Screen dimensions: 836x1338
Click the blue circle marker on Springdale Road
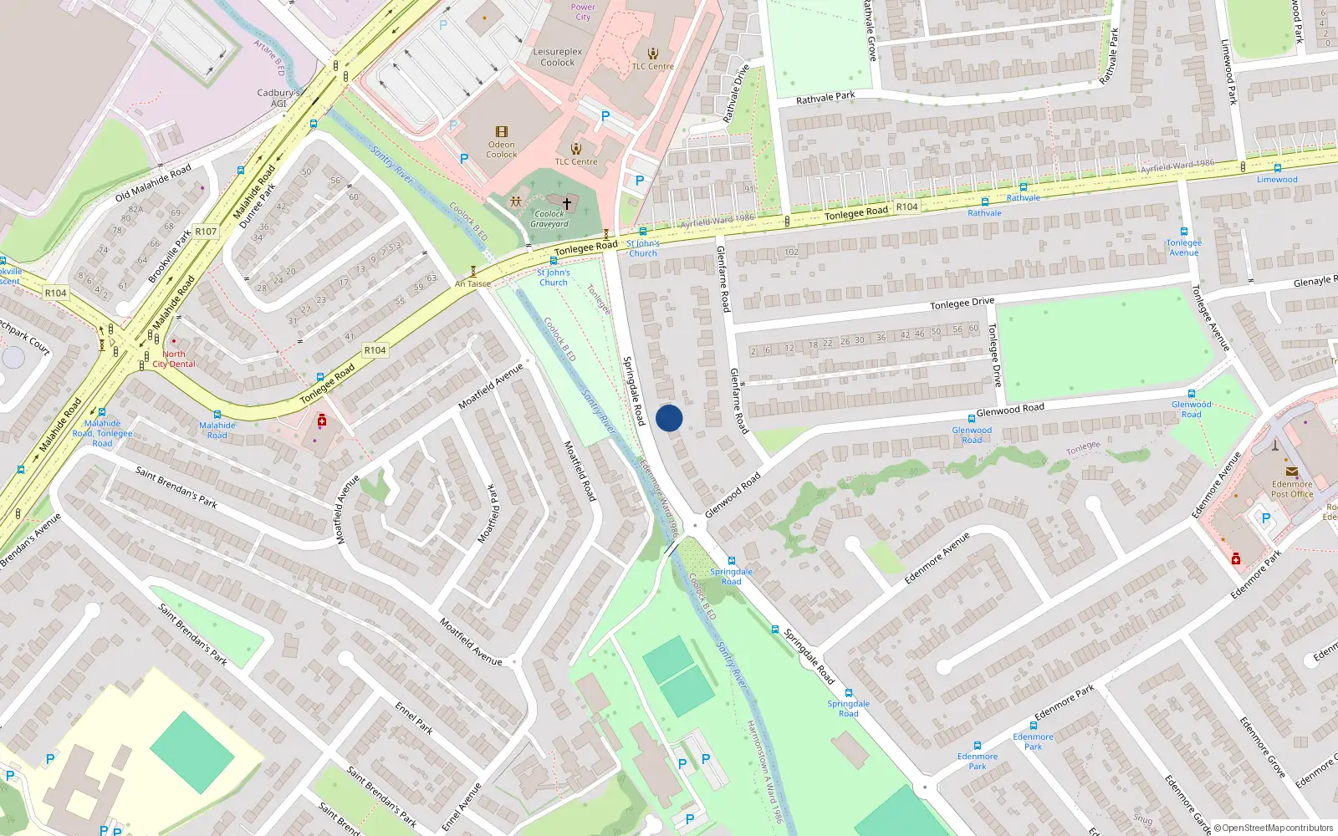pos(669,418)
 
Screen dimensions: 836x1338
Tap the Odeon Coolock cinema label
pos(502,150)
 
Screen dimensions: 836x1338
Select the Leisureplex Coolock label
pos(558,57)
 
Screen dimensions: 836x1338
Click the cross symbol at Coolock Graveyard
pos(567,203)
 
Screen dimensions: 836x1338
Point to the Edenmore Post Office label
pos(1292,489)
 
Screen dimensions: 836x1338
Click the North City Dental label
pos(174,359)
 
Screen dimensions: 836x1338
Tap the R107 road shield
pos(206,232)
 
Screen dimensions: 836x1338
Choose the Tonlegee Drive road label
pos(962,303)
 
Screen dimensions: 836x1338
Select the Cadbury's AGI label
pos(278,98)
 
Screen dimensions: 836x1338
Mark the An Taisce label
pos(472,284)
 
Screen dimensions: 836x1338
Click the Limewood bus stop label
pos(1277,180)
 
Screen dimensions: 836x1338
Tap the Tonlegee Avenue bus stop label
pos(1184,247)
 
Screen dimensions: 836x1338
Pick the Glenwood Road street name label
pos(1010,410)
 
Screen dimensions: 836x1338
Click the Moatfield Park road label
pos(488,513)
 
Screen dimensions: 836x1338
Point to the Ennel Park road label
pos(414,718)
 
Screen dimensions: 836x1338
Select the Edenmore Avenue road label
pos(937,558)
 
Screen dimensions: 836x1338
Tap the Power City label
pos(583,12)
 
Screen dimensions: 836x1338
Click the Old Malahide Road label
pos(153,183)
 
